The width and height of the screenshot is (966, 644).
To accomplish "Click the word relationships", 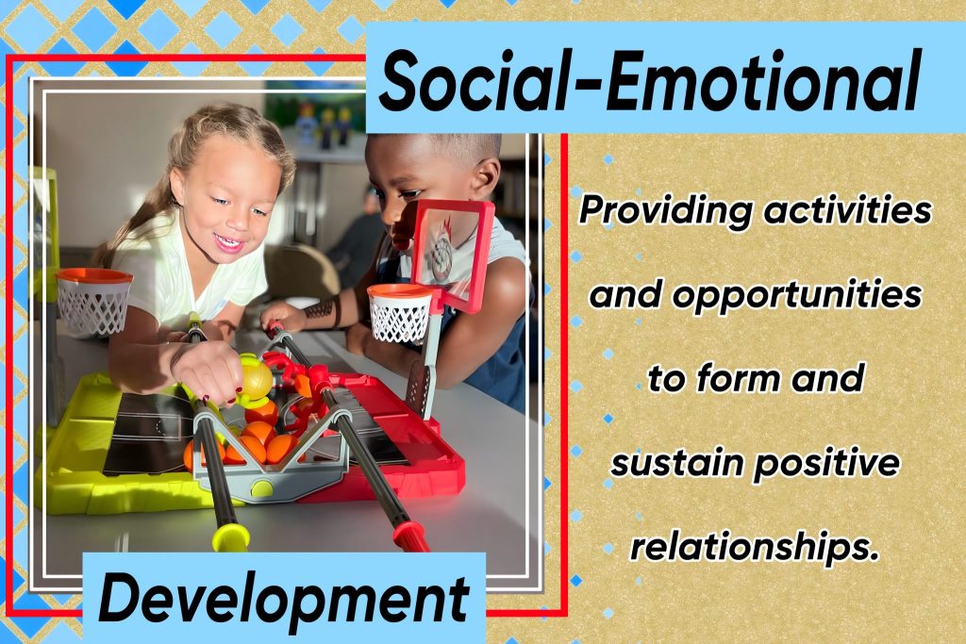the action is click(754, 548).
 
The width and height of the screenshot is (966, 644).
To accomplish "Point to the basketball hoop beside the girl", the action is click(93, 302).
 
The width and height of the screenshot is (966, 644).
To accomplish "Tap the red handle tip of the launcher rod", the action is click(411, 535).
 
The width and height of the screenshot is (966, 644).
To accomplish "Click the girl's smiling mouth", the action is click(229, 243).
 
